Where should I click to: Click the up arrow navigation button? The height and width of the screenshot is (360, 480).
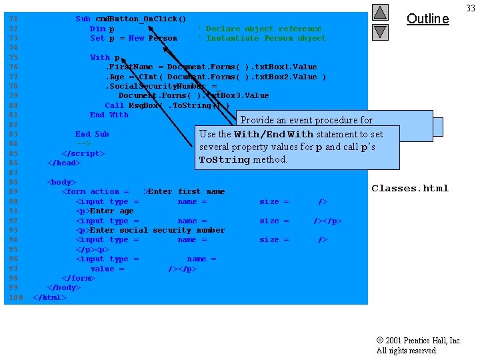(x=380, y=12)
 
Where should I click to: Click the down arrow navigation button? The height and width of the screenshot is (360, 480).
(x=380, y=31)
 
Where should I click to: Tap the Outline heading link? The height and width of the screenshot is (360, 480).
(x=427, y=19)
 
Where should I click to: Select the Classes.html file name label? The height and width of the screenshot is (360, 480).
(x=410, y=189)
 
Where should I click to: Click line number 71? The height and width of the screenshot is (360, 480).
(x=13, y=19)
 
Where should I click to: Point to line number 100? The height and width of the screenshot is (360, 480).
(x=16, y=297)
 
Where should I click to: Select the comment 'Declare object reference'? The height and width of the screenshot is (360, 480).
(x=263, y=29)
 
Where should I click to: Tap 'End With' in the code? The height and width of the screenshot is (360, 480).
(x=109, y=115)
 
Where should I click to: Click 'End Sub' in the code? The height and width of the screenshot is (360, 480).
(x=92, y=134)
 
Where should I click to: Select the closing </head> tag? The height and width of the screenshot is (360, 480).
(x=63, y=163)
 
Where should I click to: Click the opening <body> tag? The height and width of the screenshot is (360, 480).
(x=61, y=182)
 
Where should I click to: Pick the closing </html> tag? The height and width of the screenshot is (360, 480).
(x=49, y=297)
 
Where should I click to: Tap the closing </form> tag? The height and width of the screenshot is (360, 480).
(x=78, y=278)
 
